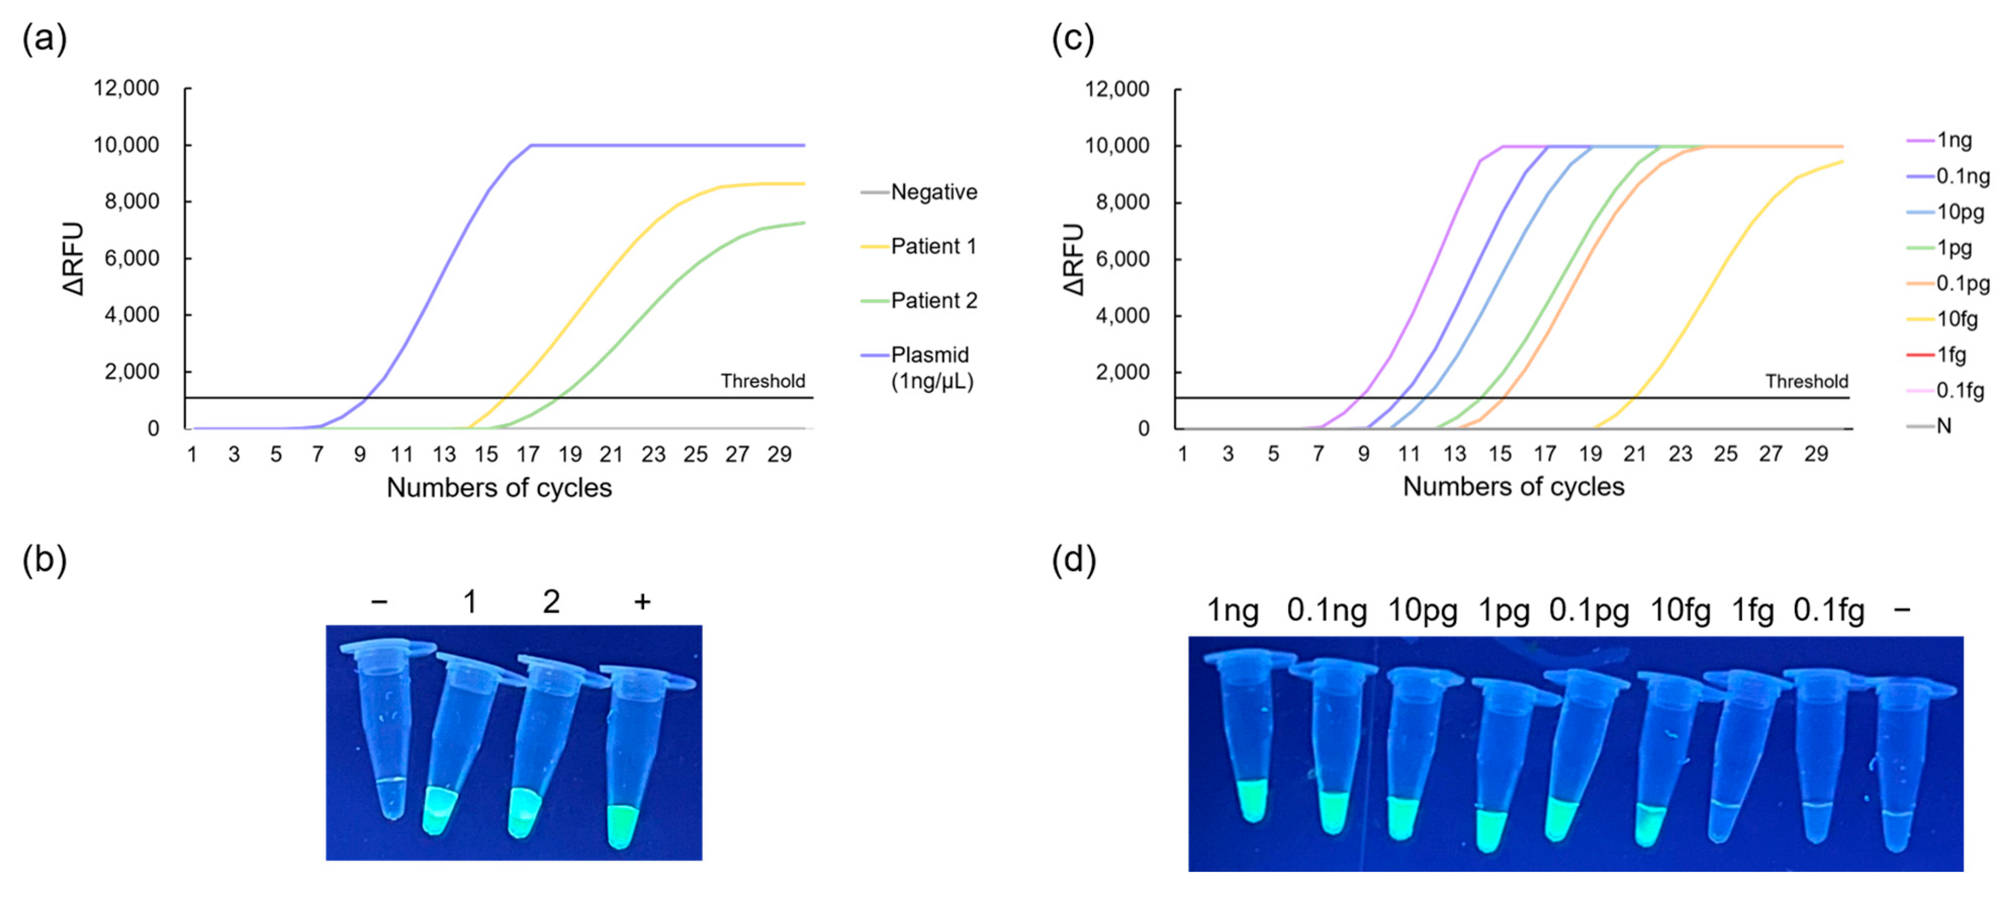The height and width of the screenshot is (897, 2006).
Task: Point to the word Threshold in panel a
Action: tap(762, 381)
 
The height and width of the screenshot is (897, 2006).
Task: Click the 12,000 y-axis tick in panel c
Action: tap(1117, 89)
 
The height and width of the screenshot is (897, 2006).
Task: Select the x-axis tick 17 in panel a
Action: tap(528, 455)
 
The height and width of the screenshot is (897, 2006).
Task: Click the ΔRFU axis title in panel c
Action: tap(1074, 259)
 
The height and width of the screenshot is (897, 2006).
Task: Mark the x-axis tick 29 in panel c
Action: tap(1816, 455)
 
